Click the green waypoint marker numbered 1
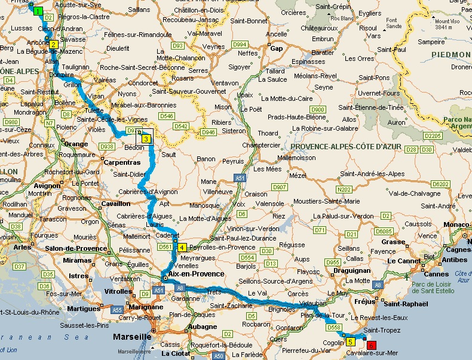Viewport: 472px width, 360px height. [38, 11]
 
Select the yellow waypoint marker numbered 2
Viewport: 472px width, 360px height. [53, 44]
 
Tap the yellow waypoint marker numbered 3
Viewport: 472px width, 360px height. [146, 139]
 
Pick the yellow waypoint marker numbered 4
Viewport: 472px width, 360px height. [182, 248]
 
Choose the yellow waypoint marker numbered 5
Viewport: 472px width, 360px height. [350, 341]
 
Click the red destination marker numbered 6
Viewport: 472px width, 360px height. [372, 345]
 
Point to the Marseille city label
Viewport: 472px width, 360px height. [132, 337]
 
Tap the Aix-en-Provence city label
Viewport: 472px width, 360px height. [197, 274]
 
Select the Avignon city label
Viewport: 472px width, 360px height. [47, 185]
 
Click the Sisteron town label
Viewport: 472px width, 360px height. [233, 131]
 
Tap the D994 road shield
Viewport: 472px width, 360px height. [240, 45]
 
